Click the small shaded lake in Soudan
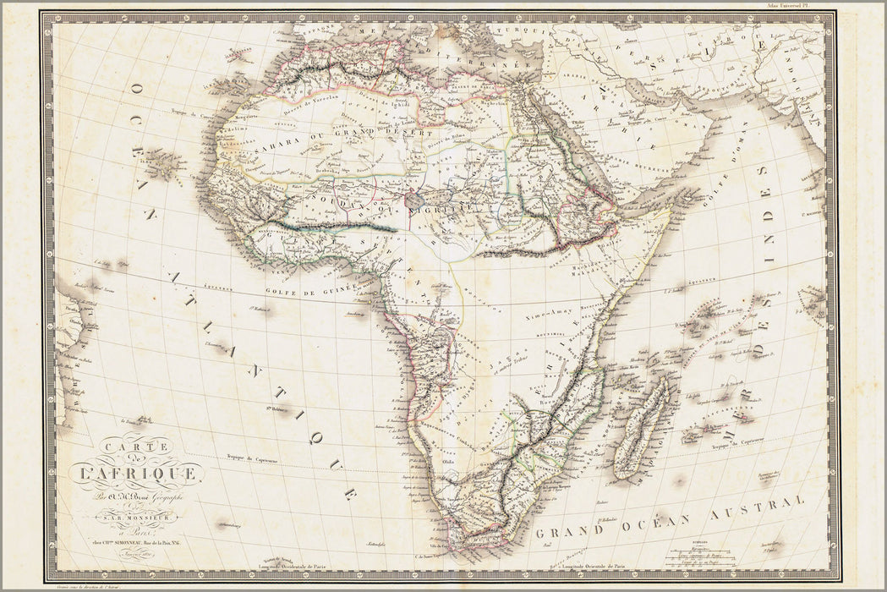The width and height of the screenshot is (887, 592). point(415,200)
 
